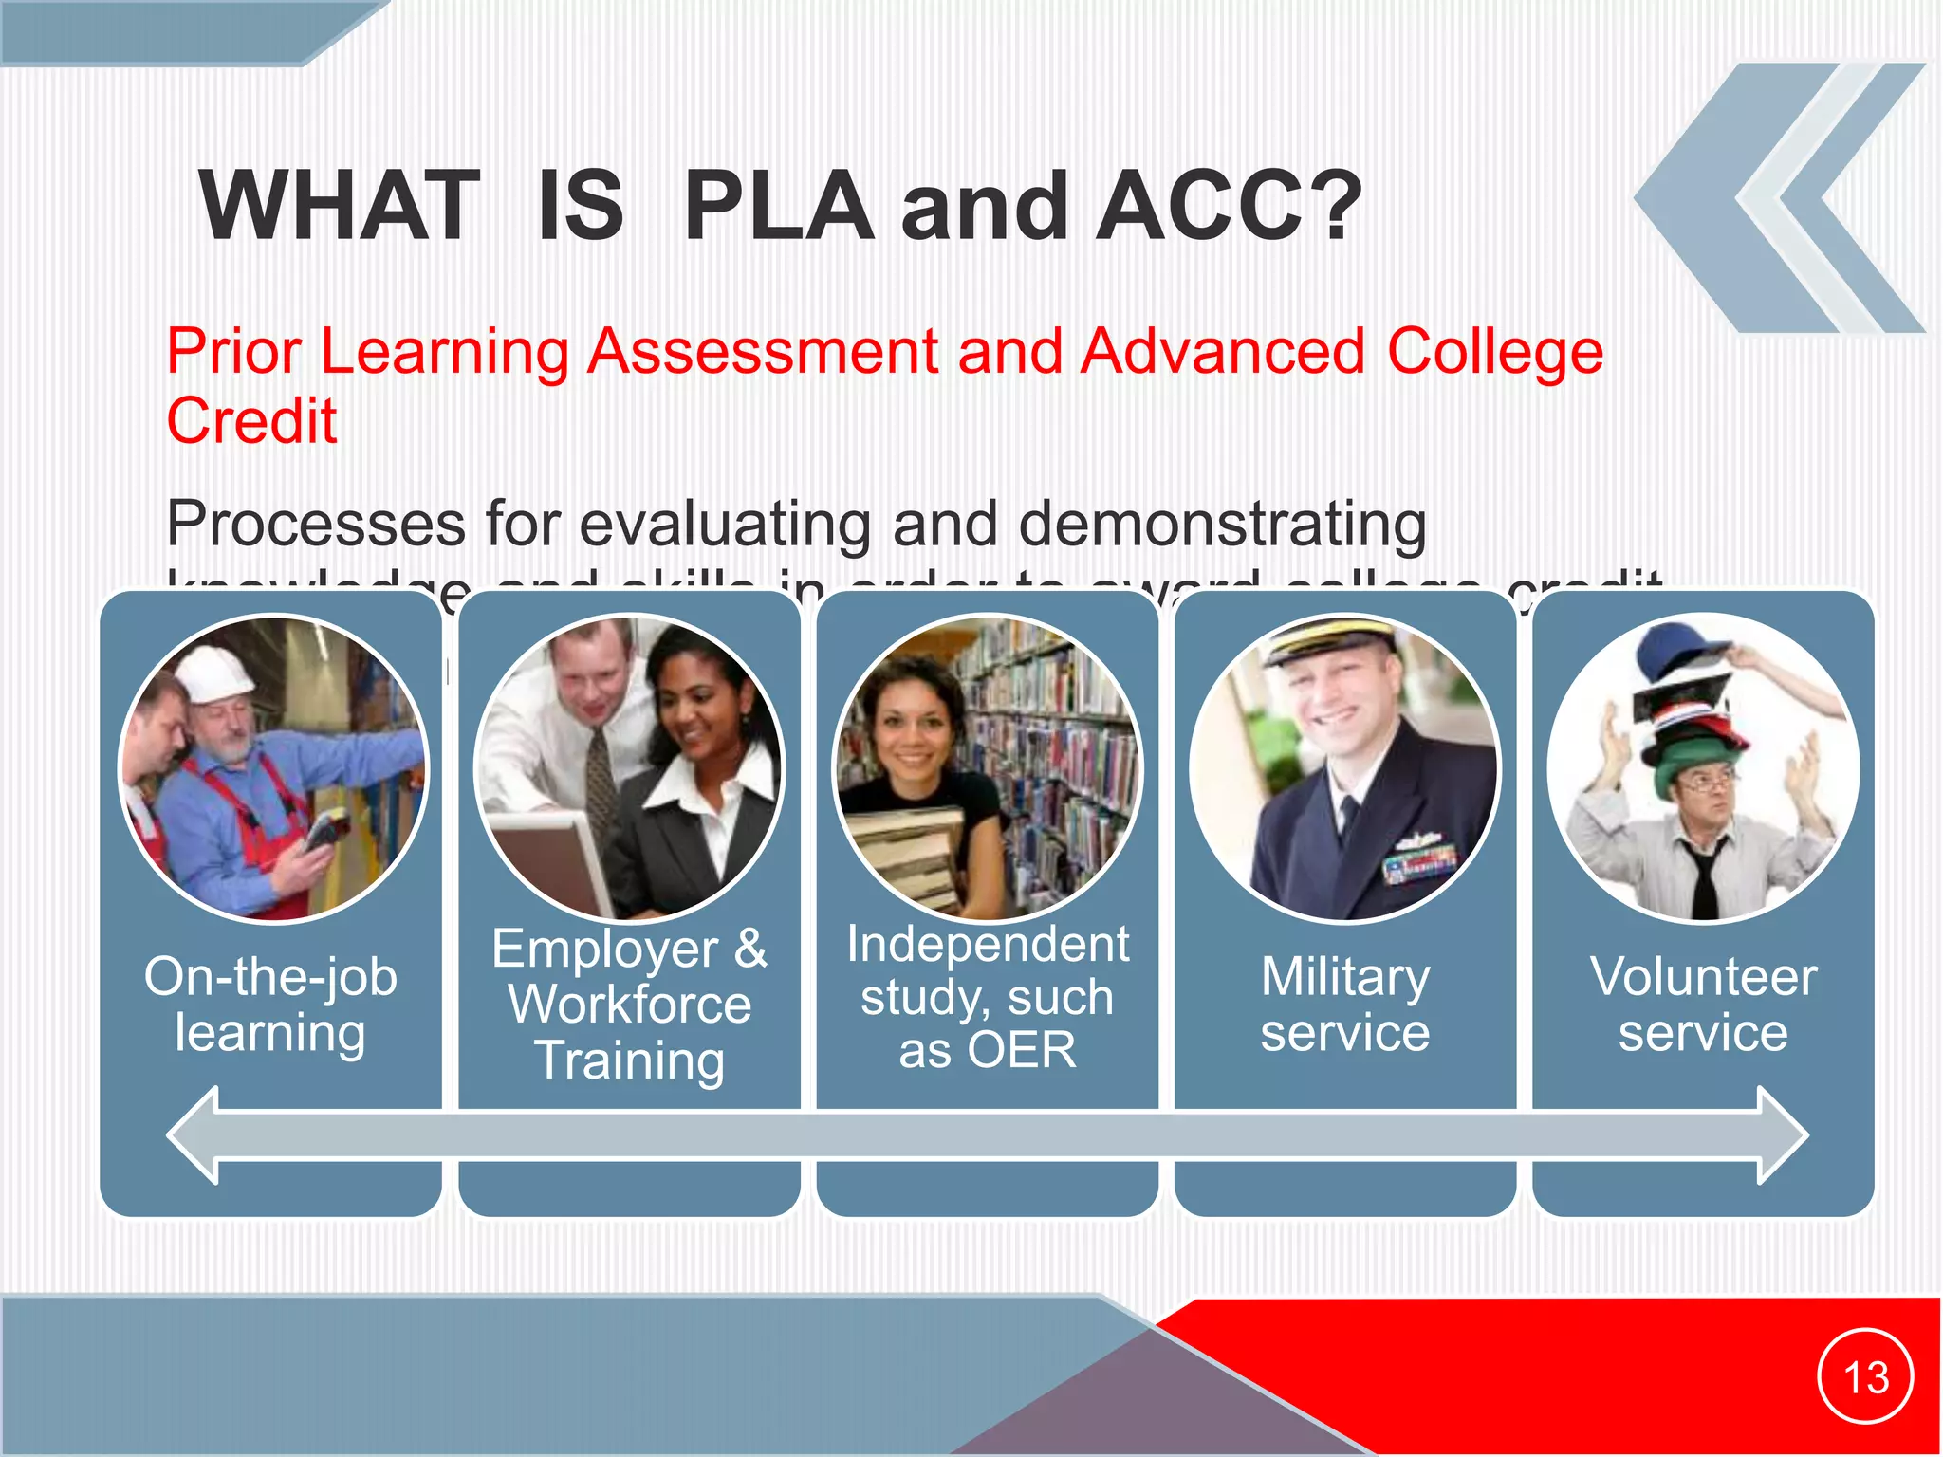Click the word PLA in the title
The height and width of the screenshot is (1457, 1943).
(x=778, y=206)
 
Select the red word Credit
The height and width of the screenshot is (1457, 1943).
(x=251, y=420)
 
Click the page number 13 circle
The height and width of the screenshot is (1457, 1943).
(x=1865, y=1376)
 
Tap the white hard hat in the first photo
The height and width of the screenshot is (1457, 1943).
(x=218, y=669)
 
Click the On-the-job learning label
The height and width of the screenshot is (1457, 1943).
(x=270, y=1004)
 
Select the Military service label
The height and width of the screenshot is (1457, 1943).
(x=1344, y=1004)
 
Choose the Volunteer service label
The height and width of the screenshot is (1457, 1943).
(x=1703, y=1004)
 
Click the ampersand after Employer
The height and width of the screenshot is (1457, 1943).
(x=750, y=948)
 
